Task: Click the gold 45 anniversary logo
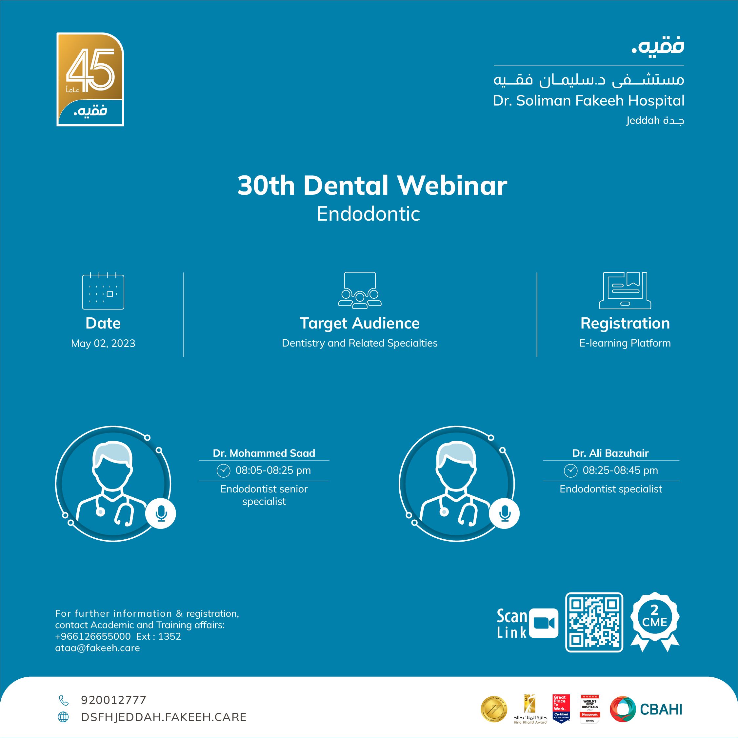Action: pos(90,79)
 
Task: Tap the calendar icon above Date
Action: pos(103,291)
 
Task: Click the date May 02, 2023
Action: pos(103,343)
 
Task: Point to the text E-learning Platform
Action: pos(625,343)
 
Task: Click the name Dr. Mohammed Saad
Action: pos(264,453)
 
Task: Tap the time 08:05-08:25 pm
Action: pos(273,470)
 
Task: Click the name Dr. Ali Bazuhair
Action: pos(610,453)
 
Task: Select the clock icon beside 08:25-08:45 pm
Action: pos(570,470)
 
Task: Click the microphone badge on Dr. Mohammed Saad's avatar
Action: pos(161,514)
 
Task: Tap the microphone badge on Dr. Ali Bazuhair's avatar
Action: pos(504,514)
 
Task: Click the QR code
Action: pos(594,622)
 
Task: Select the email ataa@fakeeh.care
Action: pos(97,648)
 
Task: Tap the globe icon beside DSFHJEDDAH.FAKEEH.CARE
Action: pos(63,717)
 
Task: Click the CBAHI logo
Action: pos(646,709)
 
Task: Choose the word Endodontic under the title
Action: pos(368,214)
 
